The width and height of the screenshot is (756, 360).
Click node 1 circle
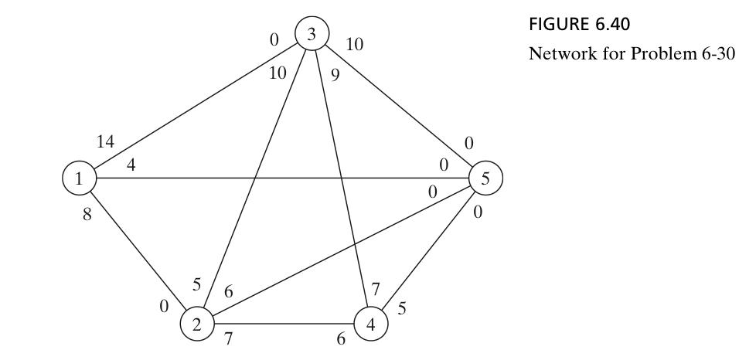(x=77, y=178)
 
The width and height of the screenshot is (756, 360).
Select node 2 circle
(x=196, y=324)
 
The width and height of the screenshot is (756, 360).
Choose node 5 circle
(x=485, y=178)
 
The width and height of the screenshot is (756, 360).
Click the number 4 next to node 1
(x=131, y=165)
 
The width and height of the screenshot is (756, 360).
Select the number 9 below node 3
(x=335, y=75)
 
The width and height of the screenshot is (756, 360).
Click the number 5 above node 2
(x=197, y=284)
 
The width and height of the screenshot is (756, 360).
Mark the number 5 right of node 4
(x=402, y=307)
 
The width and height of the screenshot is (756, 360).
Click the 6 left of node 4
(x=341, y=340)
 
